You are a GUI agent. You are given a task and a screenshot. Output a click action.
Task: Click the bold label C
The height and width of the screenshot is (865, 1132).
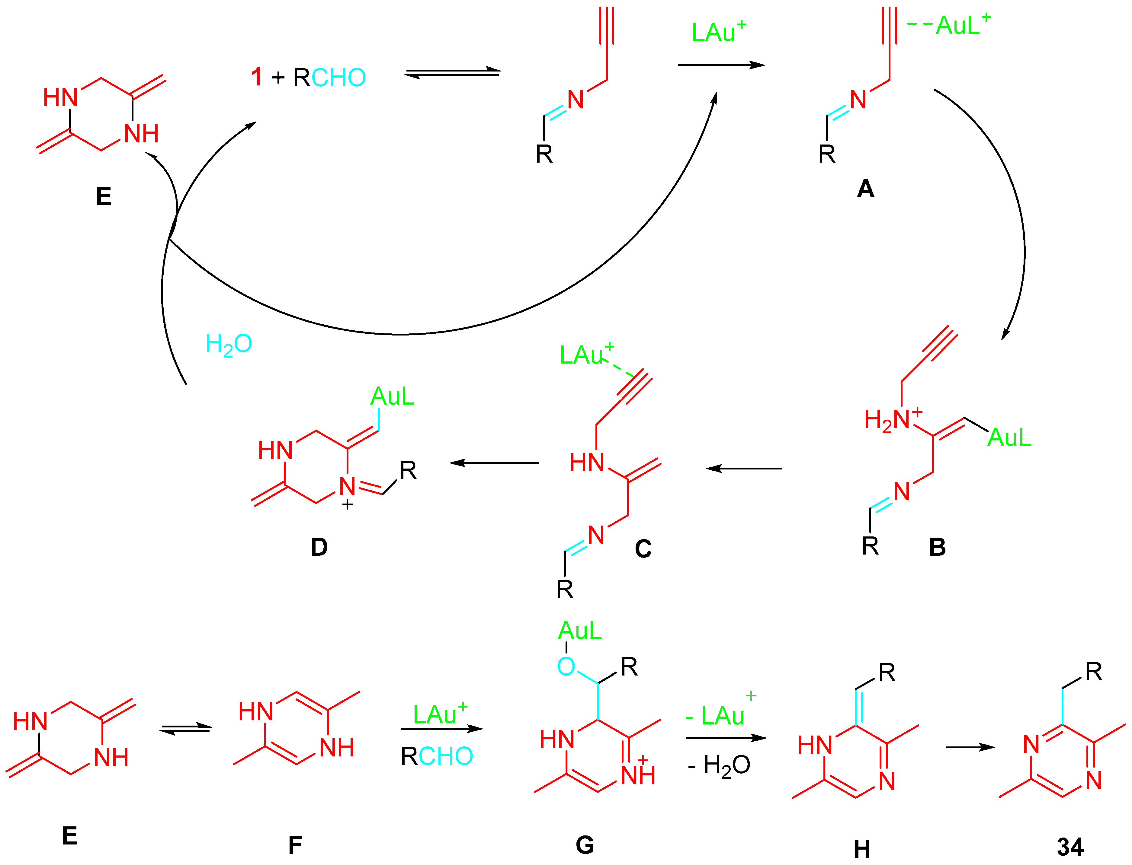[x=643, y=549]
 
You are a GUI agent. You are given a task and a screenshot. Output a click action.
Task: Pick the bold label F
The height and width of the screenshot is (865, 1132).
[x=295, y=845]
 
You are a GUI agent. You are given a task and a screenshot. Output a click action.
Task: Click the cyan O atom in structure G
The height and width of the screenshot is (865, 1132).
[x=566, y=667]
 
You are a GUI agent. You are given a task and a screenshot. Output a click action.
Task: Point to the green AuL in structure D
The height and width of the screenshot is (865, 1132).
[x=392, y=396]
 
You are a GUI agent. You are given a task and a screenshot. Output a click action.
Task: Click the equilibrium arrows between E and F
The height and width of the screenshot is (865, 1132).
[x=185, y=729]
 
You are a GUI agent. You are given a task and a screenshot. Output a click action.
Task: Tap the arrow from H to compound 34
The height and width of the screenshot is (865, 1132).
[x=970, y=747]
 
